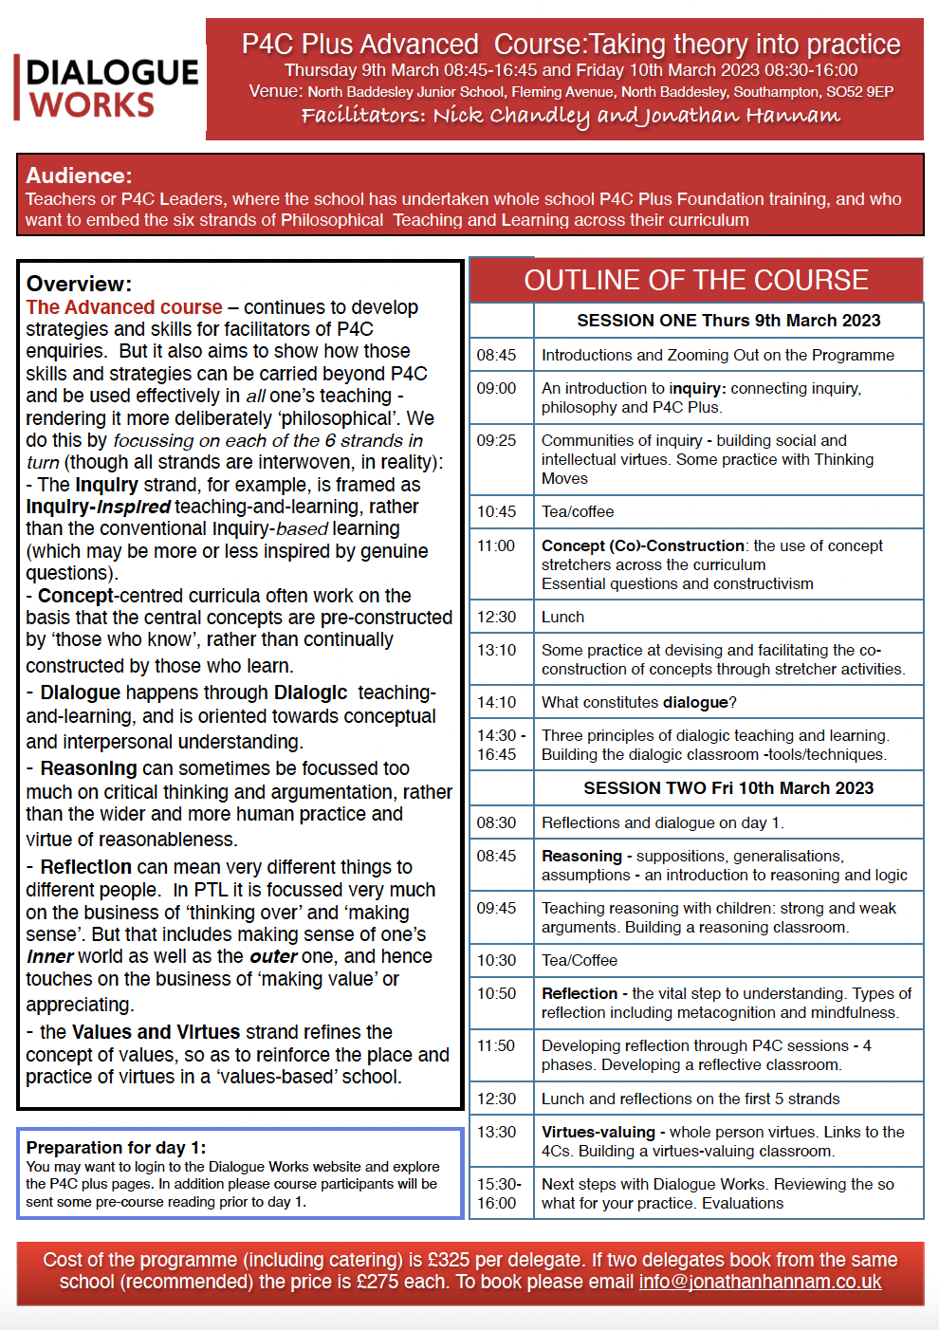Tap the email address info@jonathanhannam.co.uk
point(760,1282)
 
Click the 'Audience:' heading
point(79,175)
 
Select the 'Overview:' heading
point(79,284)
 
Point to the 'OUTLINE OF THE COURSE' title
point(696,280)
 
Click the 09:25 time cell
point(497,440)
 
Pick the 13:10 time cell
point(497,650)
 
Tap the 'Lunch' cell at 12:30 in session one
point(562,617)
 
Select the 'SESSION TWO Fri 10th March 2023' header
point(728,788)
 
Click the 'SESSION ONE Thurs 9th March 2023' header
point(728,321)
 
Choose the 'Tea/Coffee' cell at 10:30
point(580,960)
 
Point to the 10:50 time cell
point(497,993)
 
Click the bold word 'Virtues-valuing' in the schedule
point(598,1132)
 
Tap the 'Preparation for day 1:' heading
point(116,1147)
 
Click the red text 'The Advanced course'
point(124,307)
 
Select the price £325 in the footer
point(449,1260)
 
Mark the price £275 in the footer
point(377,1282)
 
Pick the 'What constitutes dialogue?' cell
point(639,702)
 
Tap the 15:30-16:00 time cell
point(499,1193)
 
